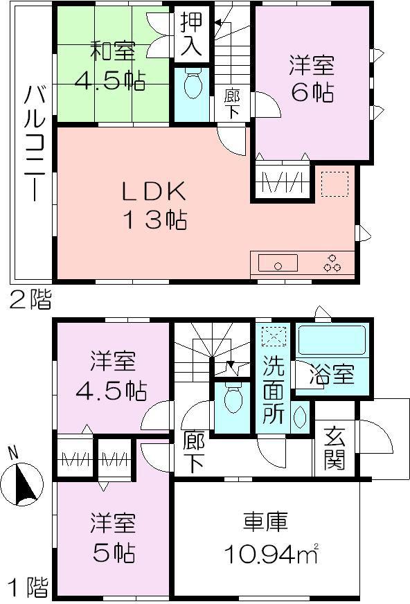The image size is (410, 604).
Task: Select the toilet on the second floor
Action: point(193,85)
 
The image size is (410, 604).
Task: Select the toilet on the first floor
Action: point(233,396)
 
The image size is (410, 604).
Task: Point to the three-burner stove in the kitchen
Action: point(332,263)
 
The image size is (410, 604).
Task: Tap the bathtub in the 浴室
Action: point(331,340)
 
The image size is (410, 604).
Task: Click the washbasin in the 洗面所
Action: point(300,417)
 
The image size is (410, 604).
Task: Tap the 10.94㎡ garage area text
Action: point(270,553)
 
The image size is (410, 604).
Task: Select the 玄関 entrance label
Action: point(334,450)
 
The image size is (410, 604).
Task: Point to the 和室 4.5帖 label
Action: point(111,66)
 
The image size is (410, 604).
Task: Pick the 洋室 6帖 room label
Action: point(312,78)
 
